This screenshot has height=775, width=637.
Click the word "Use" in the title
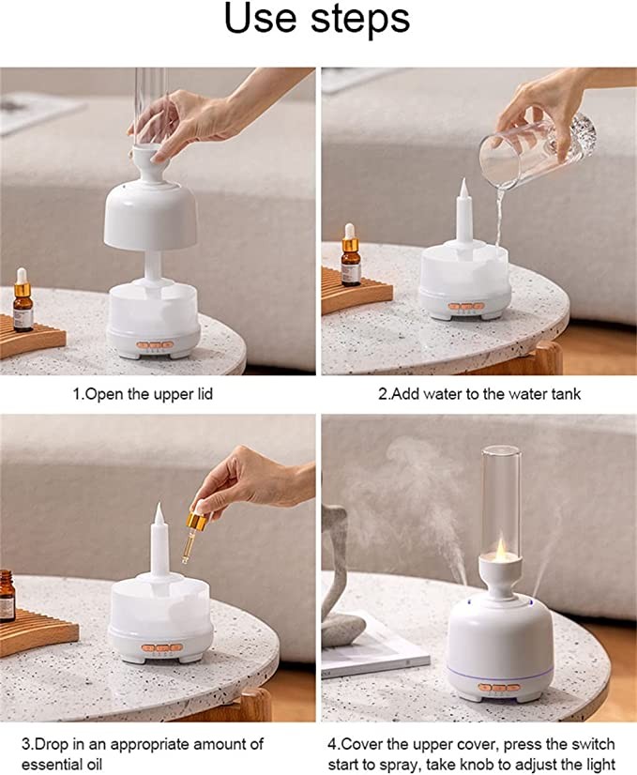[260, 18]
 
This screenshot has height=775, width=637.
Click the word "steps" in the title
[360, 21]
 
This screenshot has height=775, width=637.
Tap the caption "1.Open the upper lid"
[143, 394]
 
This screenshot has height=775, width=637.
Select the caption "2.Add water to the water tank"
[479, 394]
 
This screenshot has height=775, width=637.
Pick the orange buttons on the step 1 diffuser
[155, 345]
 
